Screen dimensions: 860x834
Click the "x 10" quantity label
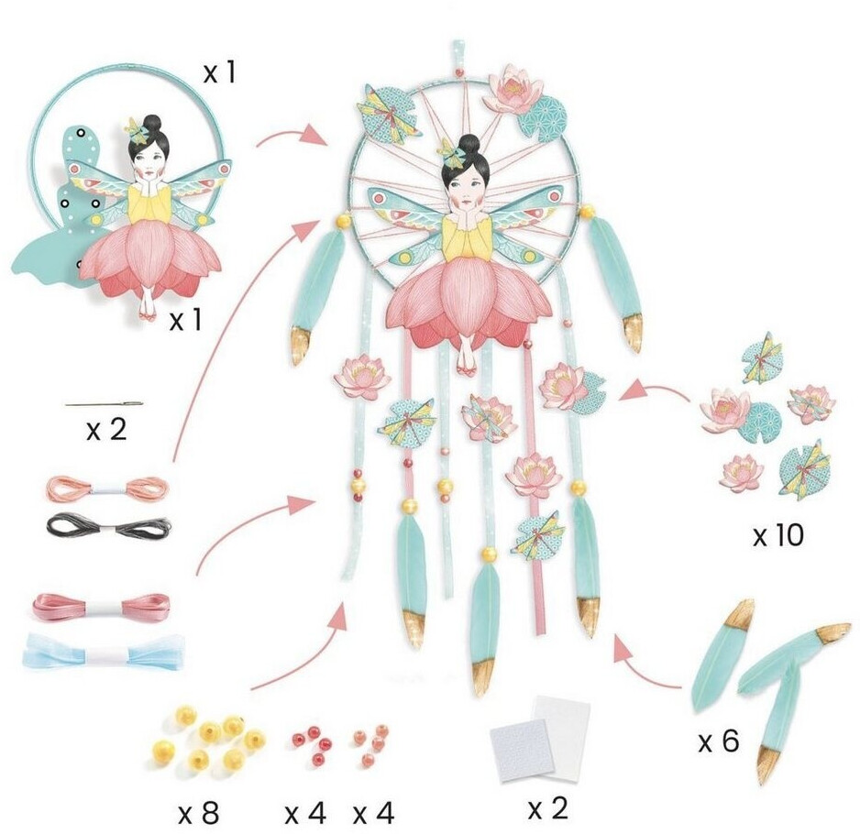pos(777,536)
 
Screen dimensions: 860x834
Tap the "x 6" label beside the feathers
pos(719,741)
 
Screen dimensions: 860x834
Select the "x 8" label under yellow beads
pos(198,811)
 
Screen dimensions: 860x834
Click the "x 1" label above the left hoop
pos(218,72)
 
